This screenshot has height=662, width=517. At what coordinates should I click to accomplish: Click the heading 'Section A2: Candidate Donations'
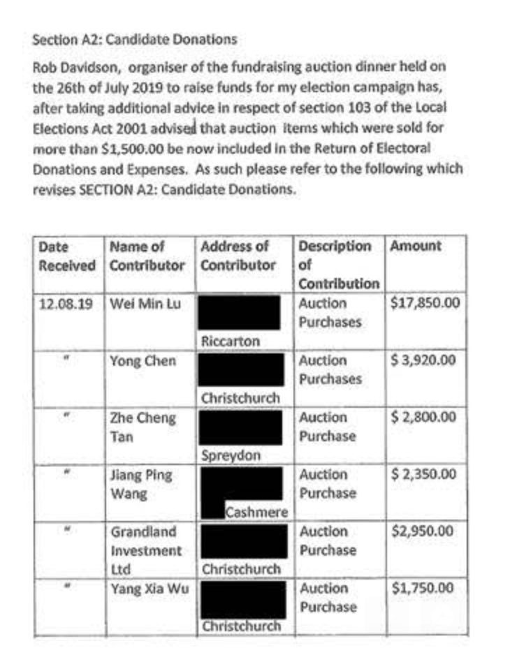click(135, 40)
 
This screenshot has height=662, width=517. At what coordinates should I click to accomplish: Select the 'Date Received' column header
click(67, 256)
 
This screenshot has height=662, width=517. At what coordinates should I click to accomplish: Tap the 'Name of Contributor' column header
click(147, 256)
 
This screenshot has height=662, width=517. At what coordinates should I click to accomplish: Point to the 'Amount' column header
click(416, 247)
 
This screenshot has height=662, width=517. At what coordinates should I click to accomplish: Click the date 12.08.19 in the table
click(67, 304)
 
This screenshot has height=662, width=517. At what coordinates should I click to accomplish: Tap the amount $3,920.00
click(423, 361)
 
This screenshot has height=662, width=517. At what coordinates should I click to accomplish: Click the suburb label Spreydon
click(231, 455)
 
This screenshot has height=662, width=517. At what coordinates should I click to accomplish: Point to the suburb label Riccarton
click(231, 341)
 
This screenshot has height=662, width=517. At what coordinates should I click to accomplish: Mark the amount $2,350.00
click(423, 475)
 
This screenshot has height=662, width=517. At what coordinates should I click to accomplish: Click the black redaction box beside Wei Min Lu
click(240, 313)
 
